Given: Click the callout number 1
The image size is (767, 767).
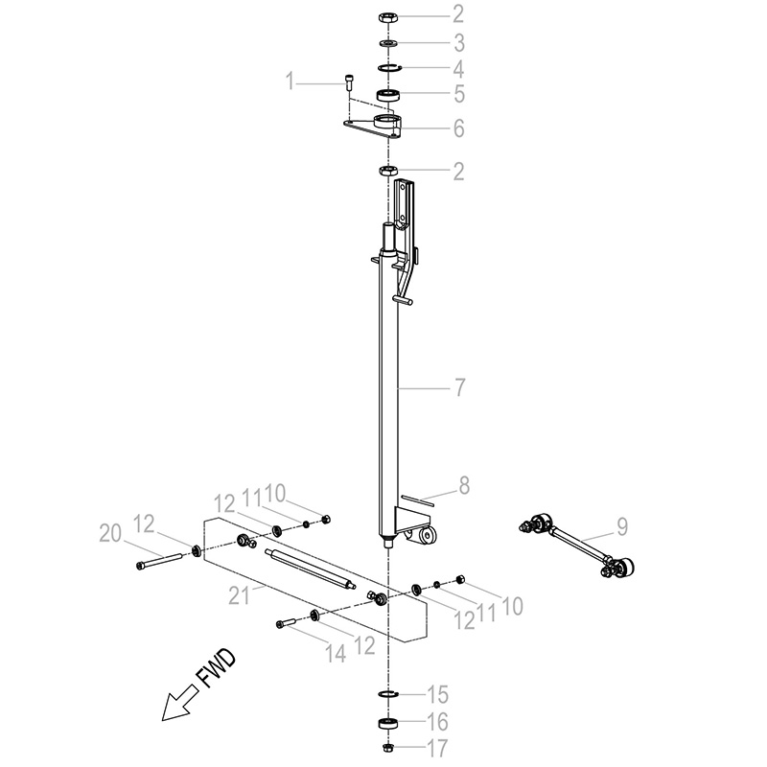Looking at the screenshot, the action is click(291, 81).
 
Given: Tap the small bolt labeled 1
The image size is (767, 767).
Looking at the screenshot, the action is click(349, 81).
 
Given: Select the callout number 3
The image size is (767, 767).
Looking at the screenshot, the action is click(458, 43).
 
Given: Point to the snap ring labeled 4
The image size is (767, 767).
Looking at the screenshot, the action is click(390, 67).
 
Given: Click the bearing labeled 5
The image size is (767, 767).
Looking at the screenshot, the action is click(388, 94).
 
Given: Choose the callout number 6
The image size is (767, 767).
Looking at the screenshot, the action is click(458, 128).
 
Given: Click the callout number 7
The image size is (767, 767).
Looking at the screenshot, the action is click(459, 387).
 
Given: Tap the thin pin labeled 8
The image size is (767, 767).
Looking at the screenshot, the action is click(417, 501).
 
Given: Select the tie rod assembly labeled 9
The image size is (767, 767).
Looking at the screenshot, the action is click(577, 544).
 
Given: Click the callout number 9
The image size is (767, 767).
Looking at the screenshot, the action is click(621, 526).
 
